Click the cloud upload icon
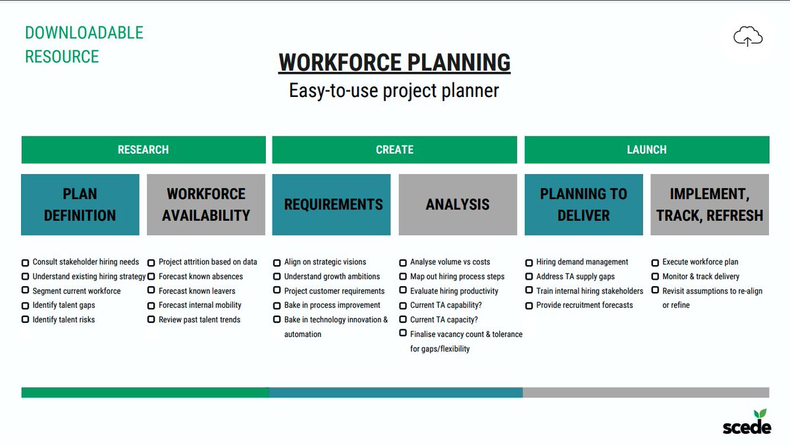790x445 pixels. [x=747, y=38]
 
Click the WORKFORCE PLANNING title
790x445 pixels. [x=394, y=63]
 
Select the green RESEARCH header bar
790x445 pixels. [x=144, y=150]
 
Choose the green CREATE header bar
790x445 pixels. [x=394, y=150]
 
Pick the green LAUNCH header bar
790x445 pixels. [x=646, y=150]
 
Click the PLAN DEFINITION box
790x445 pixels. [x=80, y=204]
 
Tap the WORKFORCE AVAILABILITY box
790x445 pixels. [x=206, y=204]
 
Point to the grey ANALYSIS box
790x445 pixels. [x=458, y=204]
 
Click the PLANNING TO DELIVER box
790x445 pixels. [x=583, y=204]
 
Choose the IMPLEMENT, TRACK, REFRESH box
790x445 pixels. [x=710, y=204]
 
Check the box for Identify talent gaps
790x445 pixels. [x=25, y=306]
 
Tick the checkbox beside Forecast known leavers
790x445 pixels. [x=151, y=291]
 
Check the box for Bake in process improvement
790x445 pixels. [x=277, y=306]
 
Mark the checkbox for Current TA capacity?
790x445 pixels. [x=403, y=320]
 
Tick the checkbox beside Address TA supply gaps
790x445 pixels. [x=529, y=277]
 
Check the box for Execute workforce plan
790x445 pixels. [x=655, y=262]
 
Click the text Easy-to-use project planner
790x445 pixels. [x=394, y=90]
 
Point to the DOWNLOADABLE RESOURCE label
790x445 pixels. [x=84, y=45]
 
